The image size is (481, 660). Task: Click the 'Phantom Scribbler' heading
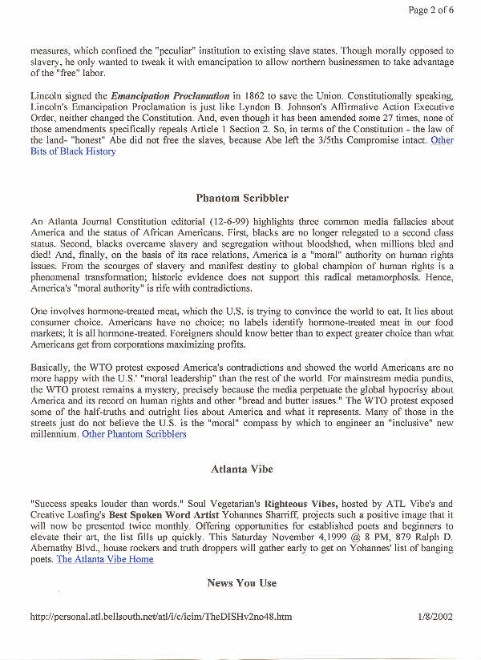(x=242, y=197)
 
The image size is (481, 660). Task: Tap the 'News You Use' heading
(x=241, y=582)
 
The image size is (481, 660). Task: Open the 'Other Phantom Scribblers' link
(x=134, y=434)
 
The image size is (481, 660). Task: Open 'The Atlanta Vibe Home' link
(x=104, y=559)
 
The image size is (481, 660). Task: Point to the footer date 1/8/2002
(x=435, y=618)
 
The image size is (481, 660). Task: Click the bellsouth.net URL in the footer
(x=160, y=618)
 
